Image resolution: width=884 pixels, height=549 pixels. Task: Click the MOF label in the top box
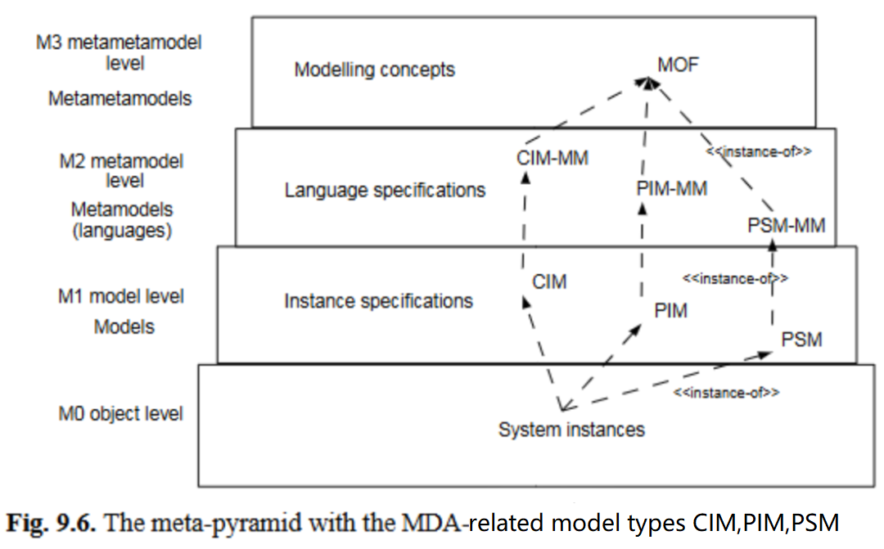[678, 63]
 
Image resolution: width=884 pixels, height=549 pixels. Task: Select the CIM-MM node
[552, 158]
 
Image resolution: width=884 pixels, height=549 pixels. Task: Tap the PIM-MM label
[671, 189]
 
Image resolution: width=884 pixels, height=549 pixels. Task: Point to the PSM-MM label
[787, 224]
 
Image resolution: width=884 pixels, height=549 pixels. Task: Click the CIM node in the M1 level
[549, 282]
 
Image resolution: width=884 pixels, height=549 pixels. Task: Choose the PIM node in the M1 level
[671, 311]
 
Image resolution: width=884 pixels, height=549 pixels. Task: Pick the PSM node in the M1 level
[801, 339]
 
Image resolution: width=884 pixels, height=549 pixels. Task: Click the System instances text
[571, 429]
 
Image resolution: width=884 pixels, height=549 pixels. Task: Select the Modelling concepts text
[374, 70]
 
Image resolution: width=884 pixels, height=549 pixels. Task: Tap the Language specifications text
[385, 191]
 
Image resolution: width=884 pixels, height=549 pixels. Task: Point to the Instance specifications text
[378, 301]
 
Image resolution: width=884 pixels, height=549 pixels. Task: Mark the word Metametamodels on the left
[120, 99]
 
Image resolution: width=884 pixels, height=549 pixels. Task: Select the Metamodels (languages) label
[121, 220]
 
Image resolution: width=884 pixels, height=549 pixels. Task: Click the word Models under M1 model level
[124, 326]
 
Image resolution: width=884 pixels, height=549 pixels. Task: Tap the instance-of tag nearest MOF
[758, 151]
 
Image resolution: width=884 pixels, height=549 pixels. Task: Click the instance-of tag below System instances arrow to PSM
[725, 393]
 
